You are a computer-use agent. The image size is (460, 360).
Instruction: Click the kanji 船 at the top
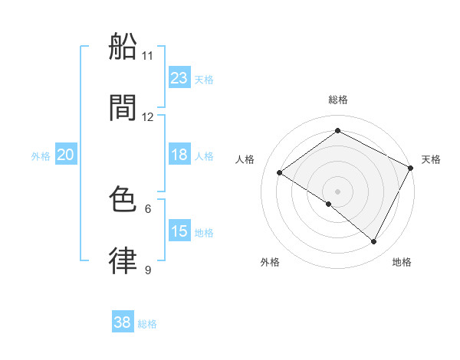click(123, 48)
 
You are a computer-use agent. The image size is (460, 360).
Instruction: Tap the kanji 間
click(123, 108)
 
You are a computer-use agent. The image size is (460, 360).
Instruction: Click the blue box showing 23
click(179, 78)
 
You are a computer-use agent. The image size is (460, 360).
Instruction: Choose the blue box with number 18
click(179, 155)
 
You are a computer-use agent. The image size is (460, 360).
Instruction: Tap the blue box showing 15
click(179, 231)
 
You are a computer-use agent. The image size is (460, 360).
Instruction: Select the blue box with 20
click(66, 155)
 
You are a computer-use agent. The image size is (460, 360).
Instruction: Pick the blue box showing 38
click(123, 322)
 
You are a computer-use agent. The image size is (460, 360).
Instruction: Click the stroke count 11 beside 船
click(148, 56)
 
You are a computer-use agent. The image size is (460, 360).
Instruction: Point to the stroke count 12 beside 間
click(148, 117)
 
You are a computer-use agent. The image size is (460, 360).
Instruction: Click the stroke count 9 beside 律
click(148, 270)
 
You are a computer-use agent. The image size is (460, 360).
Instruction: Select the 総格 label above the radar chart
click(338, 100)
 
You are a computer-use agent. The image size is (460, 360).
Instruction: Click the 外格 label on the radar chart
click(270, 262)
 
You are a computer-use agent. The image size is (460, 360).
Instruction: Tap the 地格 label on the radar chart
click(402, 262)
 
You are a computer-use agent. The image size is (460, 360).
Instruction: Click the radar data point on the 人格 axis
click(280, 173)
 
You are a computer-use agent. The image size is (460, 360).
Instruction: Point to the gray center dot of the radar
click(338, 191)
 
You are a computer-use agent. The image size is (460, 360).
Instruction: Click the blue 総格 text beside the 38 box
click(147, 324)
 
